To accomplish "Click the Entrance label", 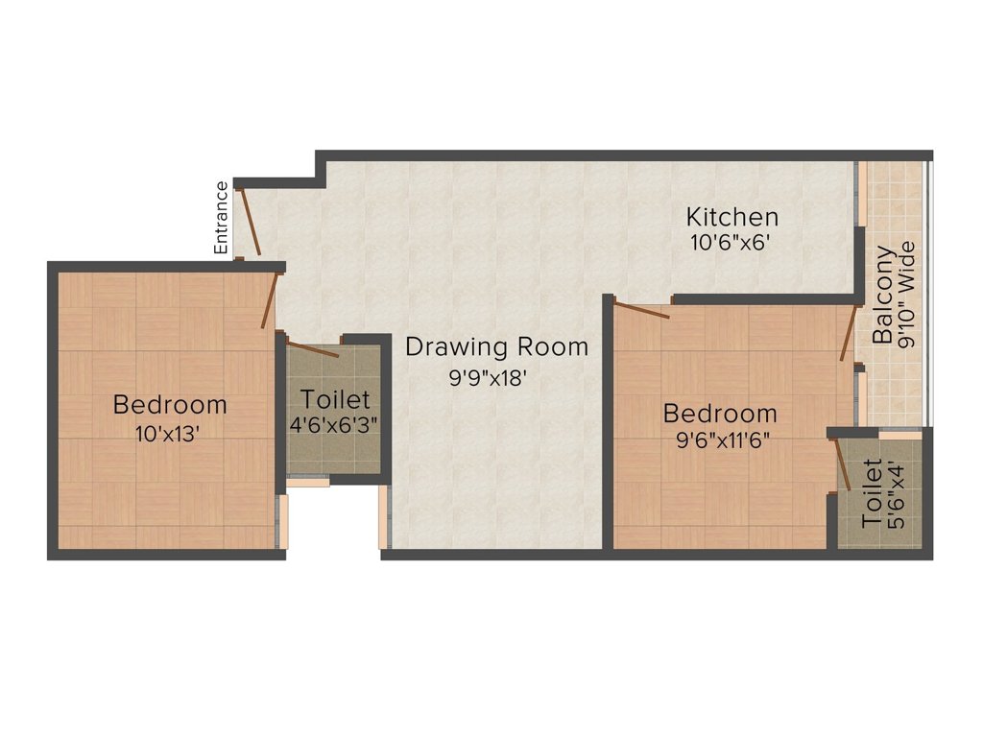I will coord(222,217).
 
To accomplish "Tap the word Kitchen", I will coord(731,217).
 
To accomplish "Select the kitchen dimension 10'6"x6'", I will coord(731,243).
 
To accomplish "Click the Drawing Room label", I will coord(496,346).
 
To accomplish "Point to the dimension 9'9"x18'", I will coord(489,378).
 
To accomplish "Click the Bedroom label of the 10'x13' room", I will coord(170,404).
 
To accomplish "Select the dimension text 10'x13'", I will coord(168,433).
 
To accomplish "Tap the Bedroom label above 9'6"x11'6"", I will coord(720,414).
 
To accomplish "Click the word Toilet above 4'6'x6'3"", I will coord(333,398).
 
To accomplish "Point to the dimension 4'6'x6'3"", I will coord(333,423).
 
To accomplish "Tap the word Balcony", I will coord(884,295).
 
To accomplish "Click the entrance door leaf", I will coord(249,222).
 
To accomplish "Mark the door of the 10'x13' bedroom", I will coord(271,299).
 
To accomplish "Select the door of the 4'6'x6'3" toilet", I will coord(313,349).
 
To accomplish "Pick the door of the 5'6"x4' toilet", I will coord(842,465).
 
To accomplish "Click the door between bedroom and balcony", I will coord(848,334).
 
